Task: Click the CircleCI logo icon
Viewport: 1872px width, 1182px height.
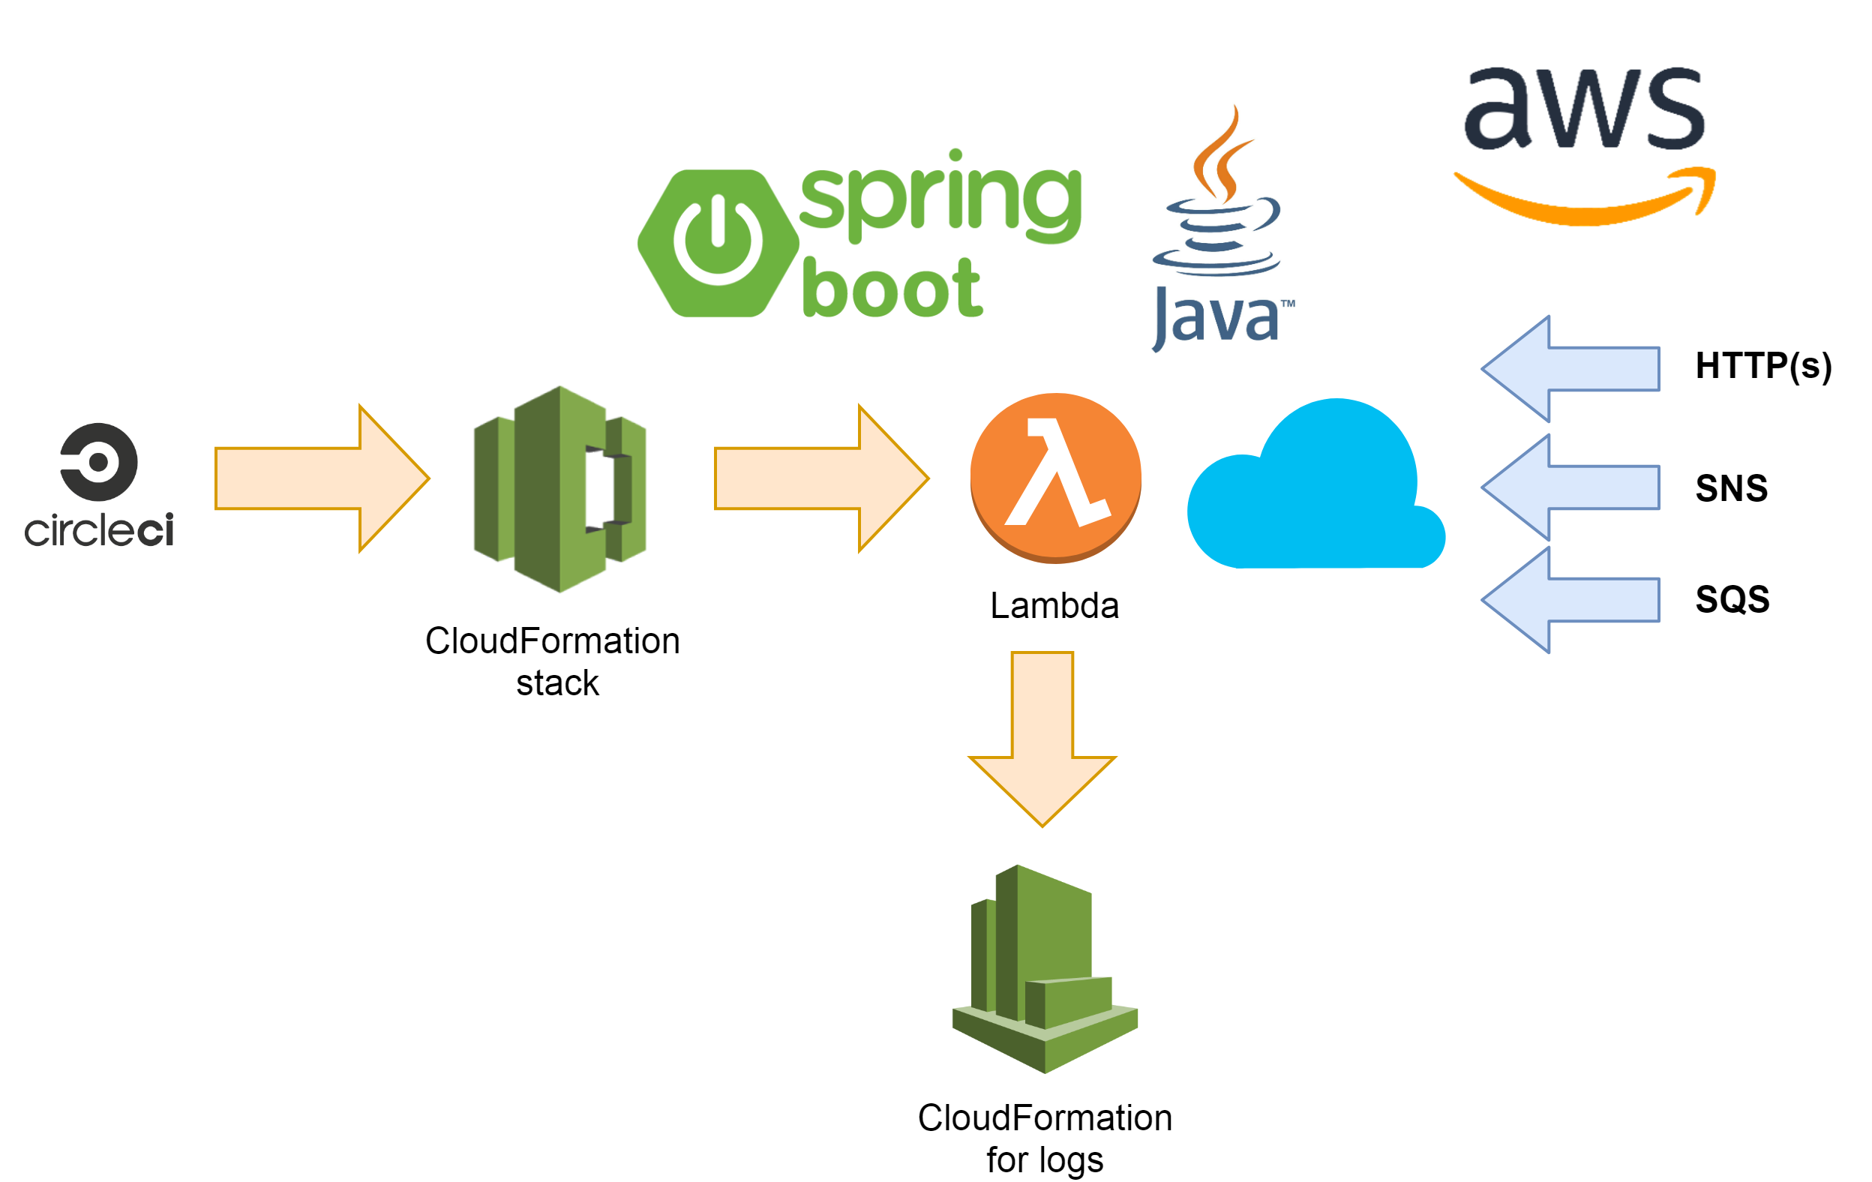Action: tap(99, 462)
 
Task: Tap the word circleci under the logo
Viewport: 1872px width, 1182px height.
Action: tap(99, 530)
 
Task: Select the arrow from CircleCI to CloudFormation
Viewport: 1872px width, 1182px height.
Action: tap(322, 478)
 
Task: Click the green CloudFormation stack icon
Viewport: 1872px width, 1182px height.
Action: tap(559, 489)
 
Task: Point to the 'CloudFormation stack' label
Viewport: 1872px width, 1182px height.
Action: tap(553, 661)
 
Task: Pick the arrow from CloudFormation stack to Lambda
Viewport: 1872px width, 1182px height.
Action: tap(822, 478)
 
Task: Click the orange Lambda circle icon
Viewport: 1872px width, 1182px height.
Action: tap(1056, 478)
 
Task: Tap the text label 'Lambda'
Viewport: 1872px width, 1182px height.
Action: tap(1054, 606)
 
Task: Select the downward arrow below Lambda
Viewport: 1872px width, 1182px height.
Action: tap(1042, 739)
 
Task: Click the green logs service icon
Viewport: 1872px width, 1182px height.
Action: tap(1045, 969)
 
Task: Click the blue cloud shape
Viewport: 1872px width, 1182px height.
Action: tap(1316, 484)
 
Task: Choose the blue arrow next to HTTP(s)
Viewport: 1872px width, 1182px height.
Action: tap(1570, 368)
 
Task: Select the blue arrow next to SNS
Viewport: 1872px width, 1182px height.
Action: tap(1570, 487)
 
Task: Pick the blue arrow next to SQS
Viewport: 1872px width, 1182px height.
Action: tap(1570, 600)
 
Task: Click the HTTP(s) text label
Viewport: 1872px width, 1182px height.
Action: tap(1764, 365)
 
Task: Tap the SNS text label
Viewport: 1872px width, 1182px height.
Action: tap(1732, 488)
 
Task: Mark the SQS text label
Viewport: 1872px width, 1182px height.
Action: tap(1732, 599)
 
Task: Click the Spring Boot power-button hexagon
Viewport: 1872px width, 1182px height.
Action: tap(718, 244)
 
